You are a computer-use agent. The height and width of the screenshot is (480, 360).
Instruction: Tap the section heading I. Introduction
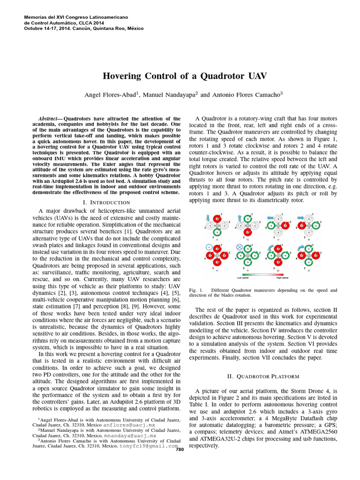click(x=106, y=202)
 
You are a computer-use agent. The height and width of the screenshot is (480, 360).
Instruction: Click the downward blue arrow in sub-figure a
click(x=208, y=217)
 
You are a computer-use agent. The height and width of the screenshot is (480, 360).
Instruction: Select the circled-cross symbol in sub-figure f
click(x=240, y=247)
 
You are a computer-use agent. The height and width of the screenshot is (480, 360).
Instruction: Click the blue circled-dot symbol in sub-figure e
click(x=208, y=247)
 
